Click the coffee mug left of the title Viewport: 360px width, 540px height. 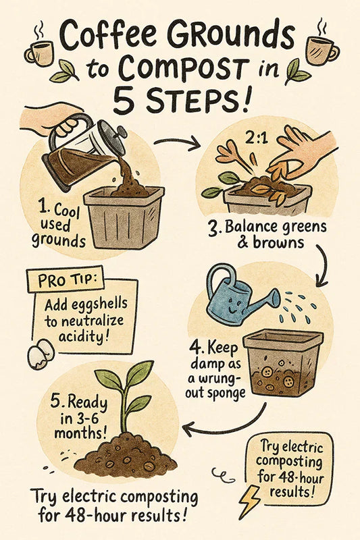(39, 53)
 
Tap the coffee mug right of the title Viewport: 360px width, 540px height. (322, 50)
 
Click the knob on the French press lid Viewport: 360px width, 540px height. (122, 131)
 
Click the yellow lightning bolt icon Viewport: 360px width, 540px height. (250, 502)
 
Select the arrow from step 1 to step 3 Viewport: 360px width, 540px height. (176, 142)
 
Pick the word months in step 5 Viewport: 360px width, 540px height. (80, 433)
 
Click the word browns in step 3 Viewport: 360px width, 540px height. (278, 242)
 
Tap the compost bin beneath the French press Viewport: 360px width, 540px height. (124, 217)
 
